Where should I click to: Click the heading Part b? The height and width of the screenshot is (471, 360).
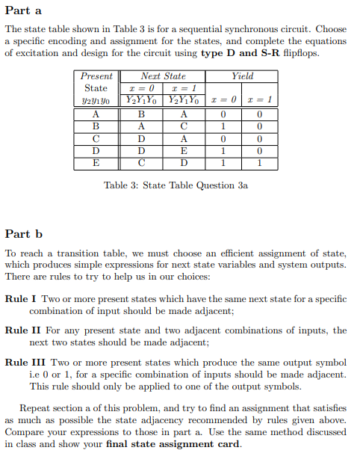(23, 233)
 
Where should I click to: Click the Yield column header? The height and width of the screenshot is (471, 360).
(243, 76)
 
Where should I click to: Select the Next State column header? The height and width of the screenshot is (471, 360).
(164, 76)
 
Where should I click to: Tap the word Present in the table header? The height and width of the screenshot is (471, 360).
(96, 76)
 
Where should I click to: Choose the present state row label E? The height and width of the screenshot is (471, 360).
(96, 162)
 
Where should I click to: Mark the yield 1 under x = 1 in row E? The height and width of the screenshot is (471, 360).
(258, 162)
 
